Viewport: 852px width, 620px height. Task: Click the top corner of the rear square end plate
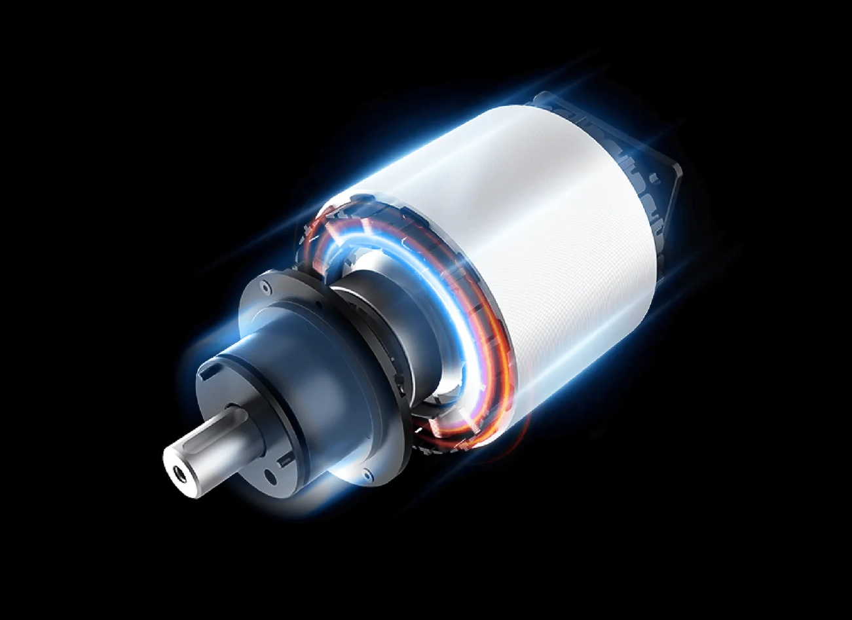[x=543, y=98]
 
